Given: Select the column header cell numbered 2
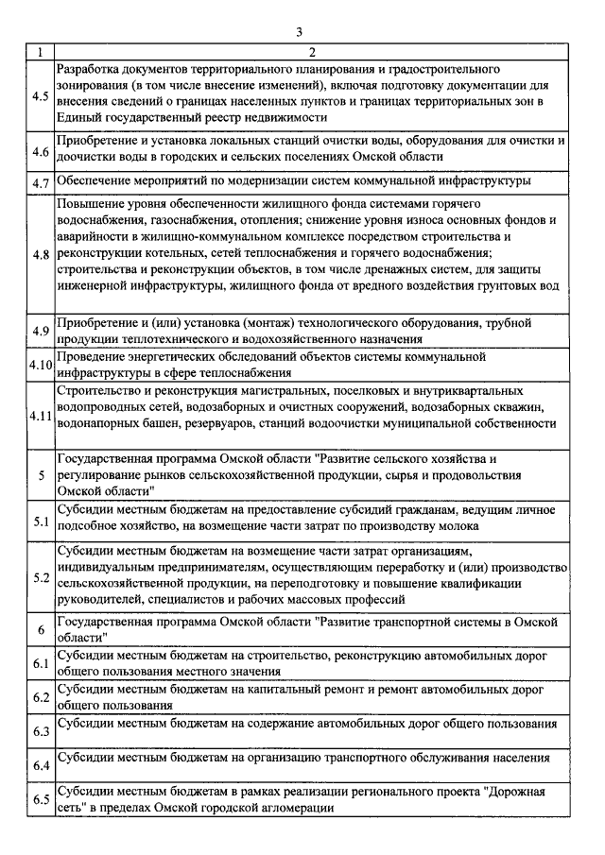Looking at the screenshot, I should click(311, 51).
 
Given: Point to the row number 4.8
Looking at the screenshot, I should click(41, 254).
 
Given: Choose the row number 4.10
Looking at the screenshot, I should click(41, 365).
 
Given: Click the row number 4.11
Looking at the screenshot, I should click(41, 416).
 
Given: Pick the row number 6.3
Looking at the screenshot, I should click(41, 731).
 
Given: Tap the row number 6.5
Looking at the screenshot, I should click(41, 799).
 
